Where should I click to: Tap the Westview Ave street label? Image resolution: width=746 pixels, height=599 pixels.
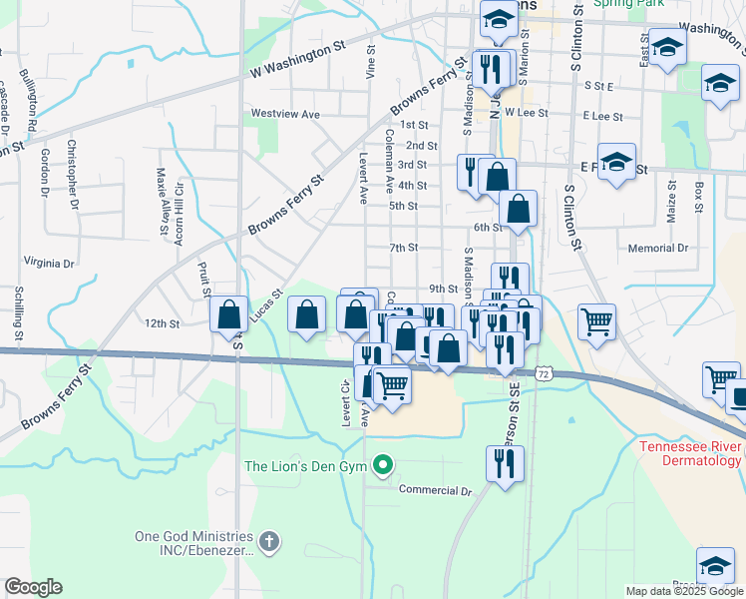(x=285, y=115)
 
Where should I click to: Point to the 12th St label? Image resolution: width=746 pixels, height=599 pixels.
(x=161, y=323)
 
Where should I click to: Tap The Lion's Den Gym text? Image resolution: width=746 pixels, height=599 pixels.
(x=307, y=466)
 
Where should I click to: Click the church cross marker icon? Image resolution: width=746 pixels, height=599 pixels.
(x=267, y=542)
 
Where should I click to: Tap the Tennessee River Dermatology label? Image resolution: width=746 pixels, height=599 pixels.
(x=690, y=453)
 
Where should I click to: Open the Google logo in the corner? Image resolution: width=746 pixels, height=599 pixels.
(x=32, y=587)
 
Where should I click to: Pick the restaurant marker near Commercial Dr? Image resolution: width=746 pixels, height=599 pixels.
(x=506, y=463)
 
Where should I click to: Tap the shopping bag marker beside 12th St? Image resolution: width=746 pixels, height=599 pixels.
(x=229, y=314)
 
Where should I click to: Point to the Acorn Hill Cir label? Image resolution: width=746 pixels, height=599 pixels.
(x=180, y=204)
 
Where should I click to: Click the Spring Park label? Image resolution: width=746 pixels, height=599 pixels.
(x=628, y=4)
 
